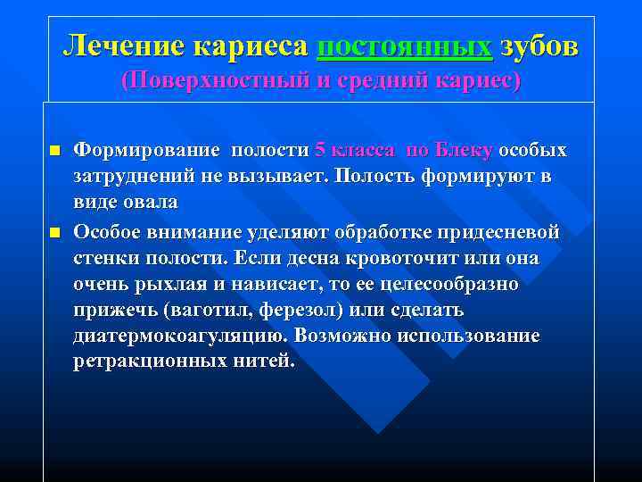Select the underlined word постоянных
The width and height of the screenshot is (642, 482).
click(404, 46)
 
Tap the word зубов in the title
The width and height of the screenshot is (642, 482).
click(539, 46)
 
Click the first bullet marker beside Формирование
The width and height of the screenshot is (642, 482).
click(53, 151)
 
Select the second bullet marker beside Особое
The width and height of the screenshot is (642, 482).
click(53, 233)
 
